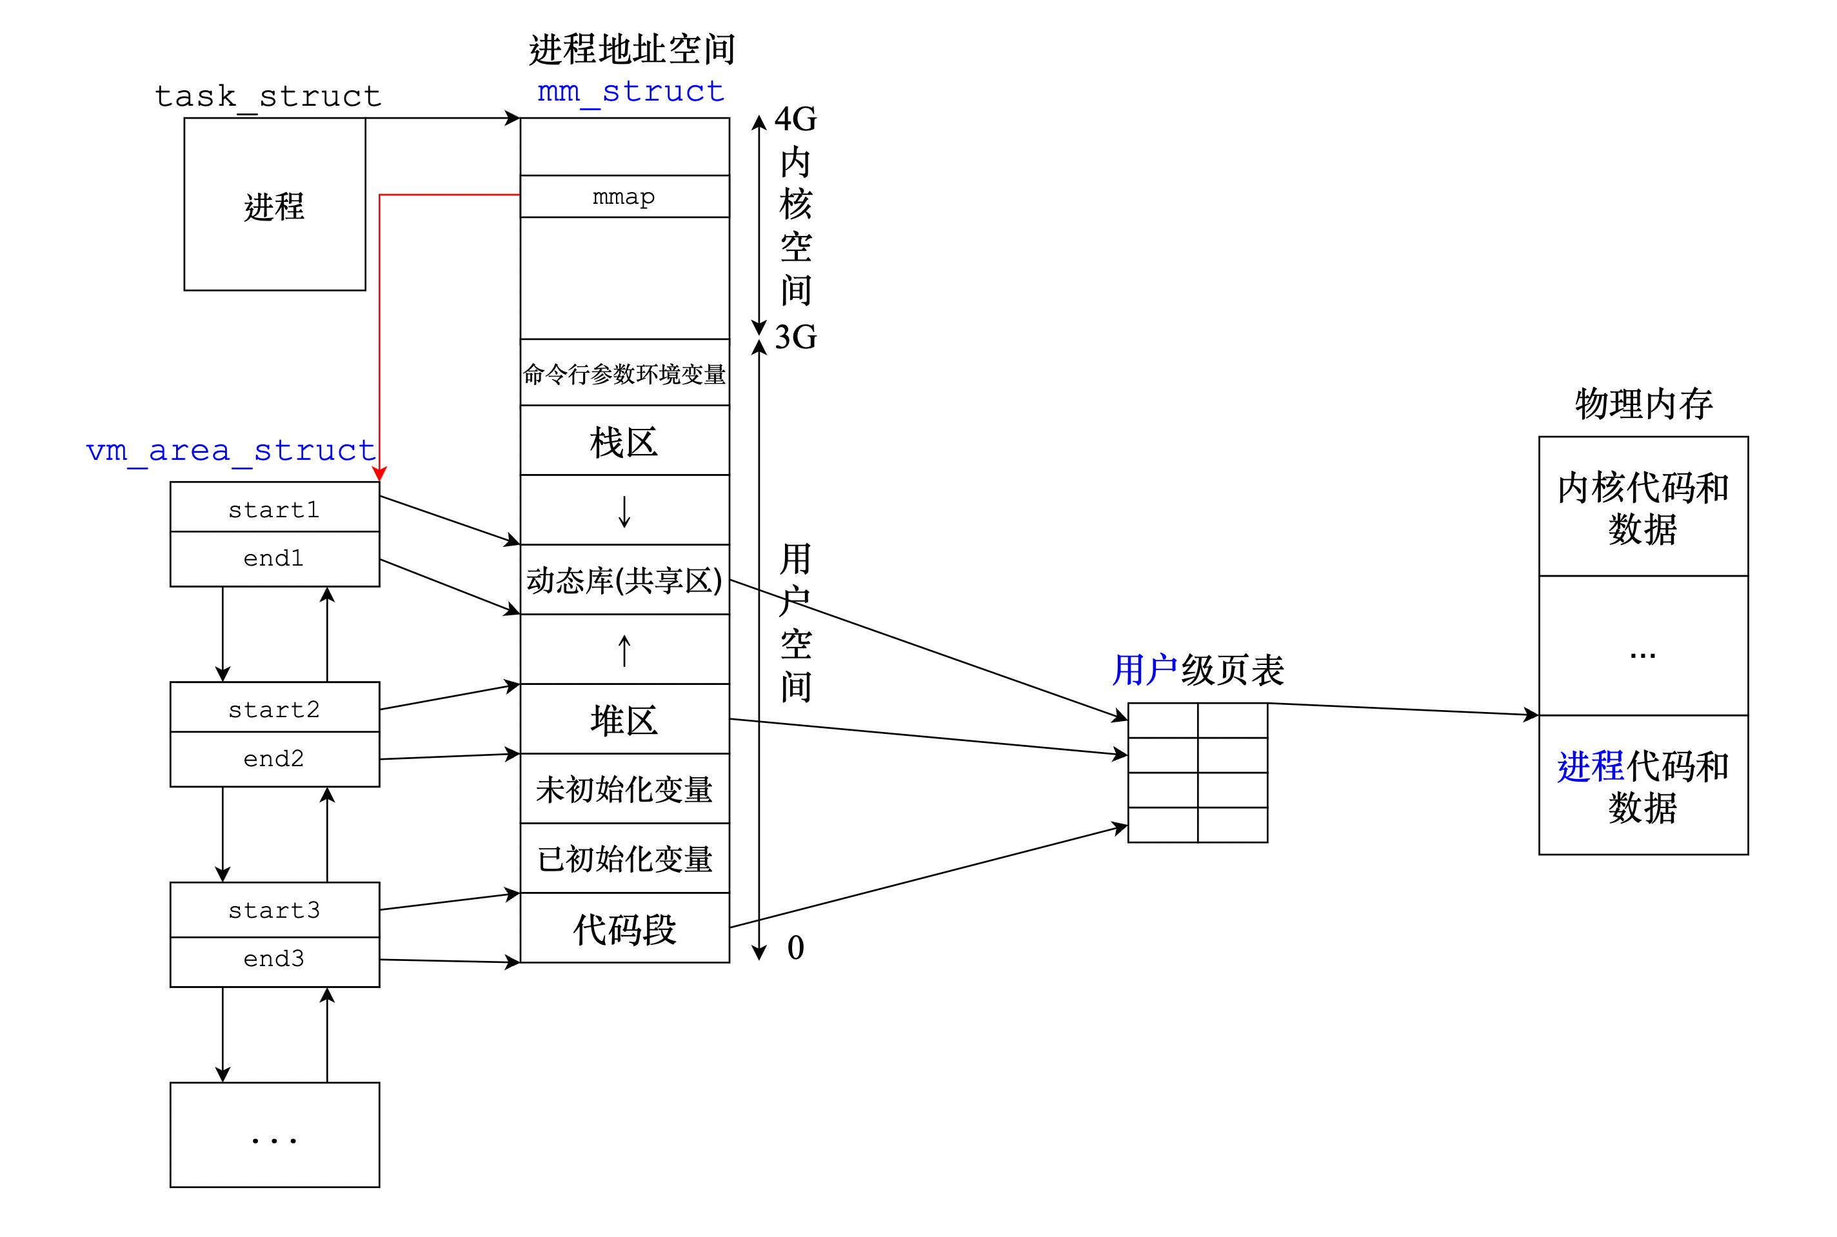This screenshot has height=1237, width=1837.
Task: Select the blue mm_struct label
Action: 630,92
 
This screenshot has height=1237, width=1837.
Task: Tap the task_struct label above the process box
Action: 268,96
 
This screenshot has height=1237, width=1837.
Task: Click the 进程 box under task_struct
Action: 275,205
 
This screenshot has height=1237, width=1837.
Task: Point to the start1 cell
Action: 275,509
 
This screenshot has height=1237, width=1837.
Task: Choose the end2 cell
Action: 275,758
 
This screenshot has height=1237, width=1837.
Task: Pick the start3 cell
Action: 275,909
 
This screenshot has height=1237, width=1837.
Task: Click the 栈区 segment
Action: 624,441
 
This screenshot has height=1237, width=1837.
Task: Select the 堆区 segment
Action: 624,720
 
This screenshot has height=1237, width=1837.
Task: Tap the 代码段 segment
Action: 624,929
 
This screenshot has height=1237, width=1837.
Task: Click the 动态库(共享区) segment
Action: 624,580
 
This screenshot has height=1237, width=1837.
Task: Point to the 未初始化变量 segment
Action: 624,789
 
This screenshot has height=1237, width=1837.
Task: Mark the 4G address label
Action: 795,119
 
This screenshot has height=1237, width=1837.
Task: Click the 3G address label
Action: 795,337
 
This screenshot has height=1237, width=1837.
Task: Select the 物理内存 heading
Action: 1643,404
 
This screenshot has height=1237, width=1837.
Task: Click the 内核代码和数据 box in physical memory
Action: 1643,508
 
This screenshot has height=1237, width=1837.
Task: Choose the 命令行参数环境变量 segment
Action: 624,373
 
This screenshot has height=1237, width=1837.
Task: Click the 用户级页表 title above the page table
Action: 1197,671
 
